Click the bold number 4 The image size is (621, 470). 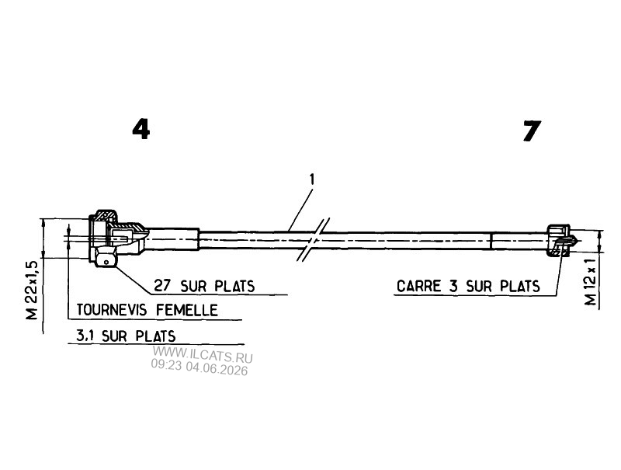click(x=141, y=130)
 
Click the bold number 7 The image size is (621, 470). click(x=532, y=131)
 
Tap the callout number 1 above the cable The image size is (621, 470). click(x=312, y=179)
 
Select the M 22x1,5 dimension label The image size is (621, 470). click(x=32, y=290)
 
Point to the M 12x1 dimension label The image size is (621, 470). click(x=591, y=282)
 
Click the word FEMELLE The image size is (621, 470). click(x=187, y=310)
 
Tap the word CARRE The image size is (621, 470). click(x=419, y=286)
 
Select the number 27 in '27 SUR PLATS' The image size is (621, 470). click(x=162, y=286)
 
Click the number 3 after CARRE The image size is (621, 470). click(x=453, y=286)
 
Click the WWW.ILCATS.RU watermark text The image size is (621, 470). click(x=203, y=355)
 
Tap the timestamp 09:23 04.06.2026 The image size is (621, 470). click(x=199, y=367)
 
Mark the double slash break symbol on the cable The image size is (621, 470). click(x=314, y=239)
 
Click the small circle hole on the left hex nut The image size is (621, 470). click(x=106, y=262)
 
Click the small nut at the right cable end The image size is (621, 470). click(x=558, y=240)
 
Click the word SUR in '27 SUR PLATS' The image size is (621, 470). click(x=193, y=286)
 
